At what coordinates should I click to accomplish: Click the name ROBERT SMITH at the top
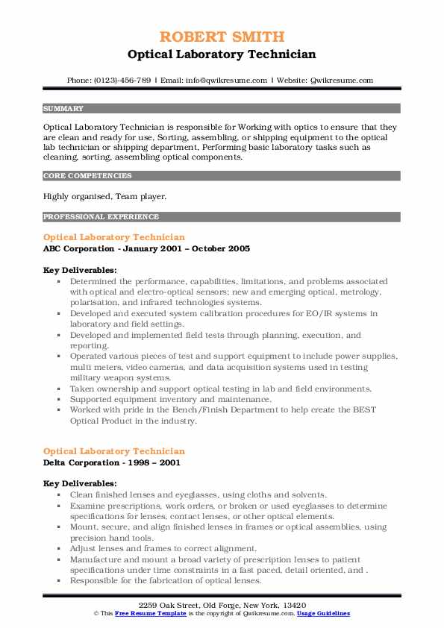(x=222, y=37)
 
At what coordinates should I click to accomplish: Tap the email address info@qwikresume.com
(x=228, y=80)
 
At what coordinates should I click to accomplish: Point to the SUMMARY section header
(x=63, y=108)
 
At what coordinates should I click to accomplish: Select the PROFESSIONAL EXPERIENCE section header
(x=101, y=217)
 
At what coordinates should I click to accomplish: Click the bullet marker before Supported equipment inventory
(x=59, y=400)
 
